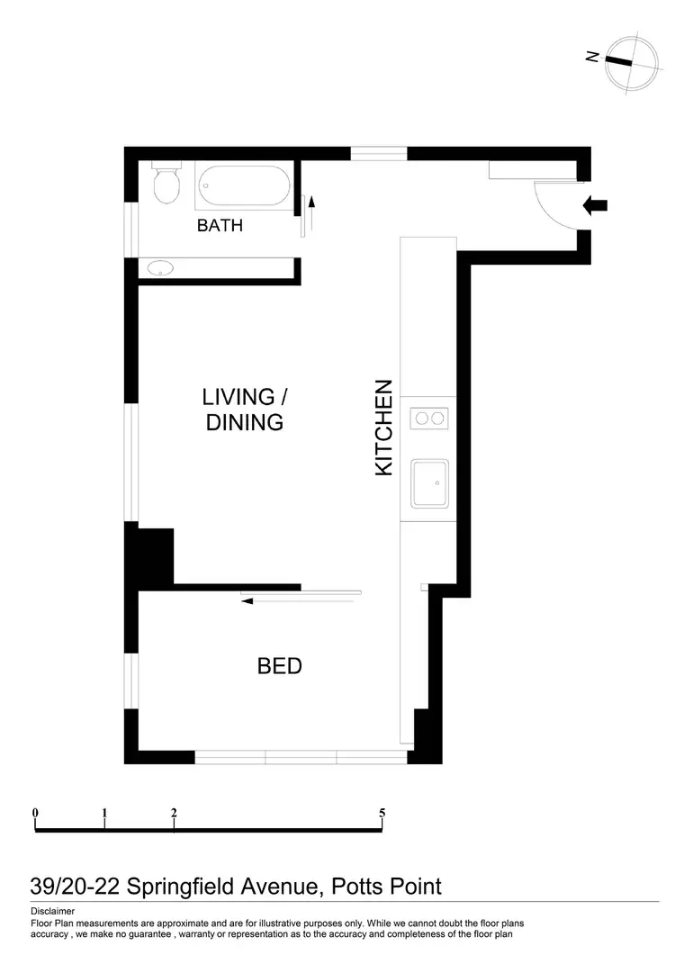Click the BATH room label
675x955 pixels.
(220, 225)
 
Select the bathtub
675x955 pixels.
(245, 187)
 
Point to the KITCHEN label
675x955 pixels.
(383, 428)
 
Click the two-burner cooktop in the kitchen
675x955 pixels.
(428, 418)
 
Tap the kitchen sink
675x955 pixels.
(429, 484)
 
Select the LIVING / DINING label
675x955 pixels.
(245, 410)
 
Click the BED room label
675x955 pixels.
(279, 667)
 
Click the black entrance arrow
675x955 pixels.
(595, 206)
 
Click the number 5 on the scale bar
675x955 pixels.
(382, 813)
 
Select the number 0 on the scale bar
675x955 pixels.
(35, 813)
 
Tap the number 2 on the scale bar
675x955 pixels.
(173, 813)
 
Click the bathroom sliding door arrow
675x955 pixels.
(312, 215)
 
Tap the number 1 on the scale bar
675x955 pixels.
(105, 813)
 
